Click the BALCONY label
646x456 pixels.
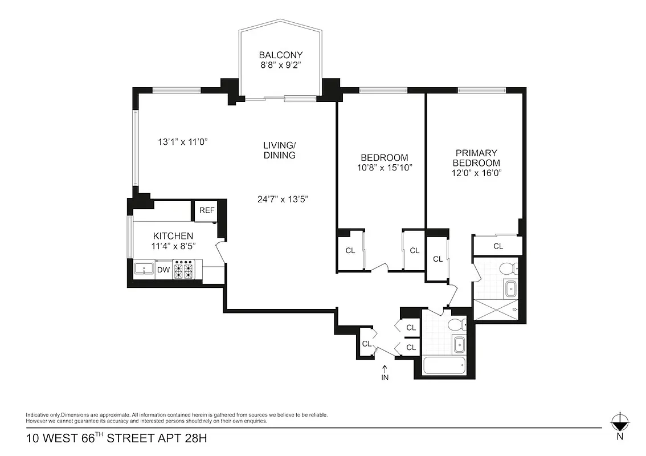click(x=281, y=55)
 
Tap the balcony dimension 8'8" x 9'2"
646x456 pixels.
click(x=281, y=65)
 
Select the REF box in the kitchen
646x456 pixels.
click(x=207, y=210)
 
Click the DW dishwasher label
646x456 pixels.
click(x=163, y=270)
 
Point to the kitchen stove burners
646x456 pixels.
click(x=185, y=270)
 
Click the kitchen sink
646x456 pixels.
click(x=144, y=270)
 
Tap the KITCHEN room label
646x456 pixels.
click(x=173, y=236)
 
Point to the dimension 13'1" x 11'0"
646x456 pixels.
click(x=182, y=141)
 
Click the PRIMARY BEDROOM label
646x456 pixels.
click(x=477, y=158)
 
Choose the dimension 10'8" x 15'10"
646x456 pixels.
click(x=385, y=168)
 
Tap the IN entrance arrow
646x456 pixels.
click(x=385, y=372)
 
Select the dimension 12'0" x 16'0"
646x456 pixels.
click(x=477, y=172)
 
